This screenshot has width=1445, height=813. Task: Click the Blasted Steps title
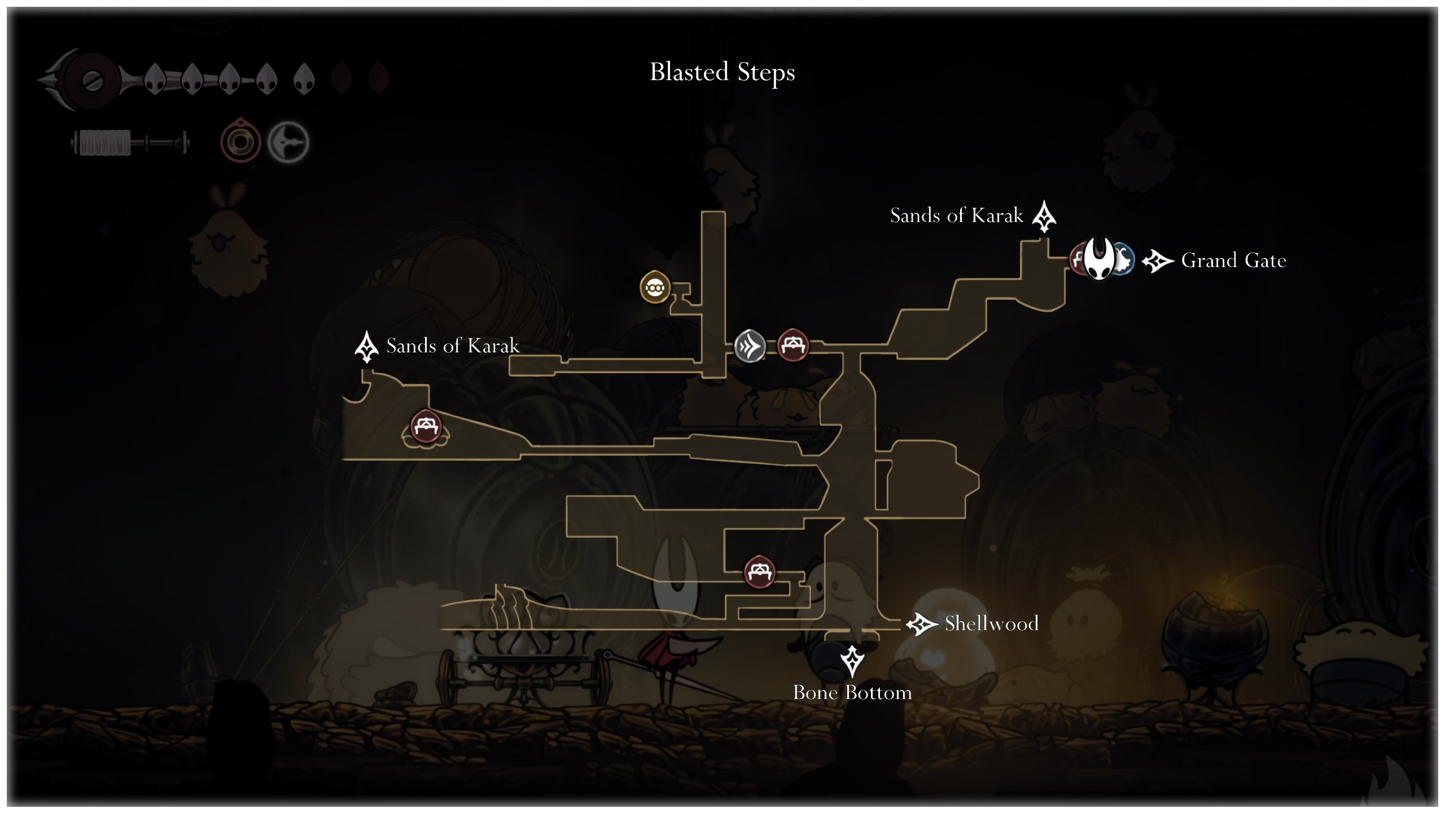[722, 72]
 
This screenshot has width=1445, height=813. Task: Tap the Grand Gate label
[1233, 260]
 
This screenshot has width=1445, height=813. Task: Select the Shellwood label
[991, 623]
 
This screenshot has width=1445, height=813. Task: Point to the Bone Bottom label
[852, 693]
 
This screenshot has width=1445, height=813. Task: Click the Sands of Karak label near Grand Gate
[956, 216]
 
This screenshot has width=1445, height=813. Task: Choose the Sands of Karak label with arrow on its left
[452, 346]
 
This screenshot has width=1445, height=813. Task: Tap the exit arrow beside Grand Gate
[1157, 261]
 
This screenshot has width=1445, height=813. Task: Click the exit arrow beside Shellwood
[921, 624]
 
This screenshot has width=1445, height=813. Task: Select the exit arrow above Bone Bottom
[852, 661]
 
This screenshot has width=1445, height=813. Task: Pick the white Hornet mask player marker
[1099, 258]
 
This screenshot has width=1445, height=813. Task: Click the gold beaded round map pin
[655, 287]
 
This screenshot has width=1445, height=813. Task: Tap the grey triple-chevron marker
[750, 346]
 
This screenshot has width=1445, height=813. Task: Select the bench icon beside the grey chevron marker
[793, 345]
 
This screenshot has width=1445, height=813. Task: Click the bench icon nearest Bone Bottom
[759, 572]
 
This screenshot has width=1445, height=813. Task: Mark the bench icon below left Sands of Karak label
[426, 426]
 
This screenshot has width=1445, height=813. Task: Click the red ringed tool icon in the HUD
[240, 142]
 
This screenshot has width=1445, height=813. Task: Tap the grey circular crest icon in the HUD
[288, 142]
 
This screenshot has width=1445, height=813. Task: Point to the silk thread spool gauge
[130, 142]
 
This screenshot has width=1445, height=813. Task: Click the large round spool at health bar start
[90, 81]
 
